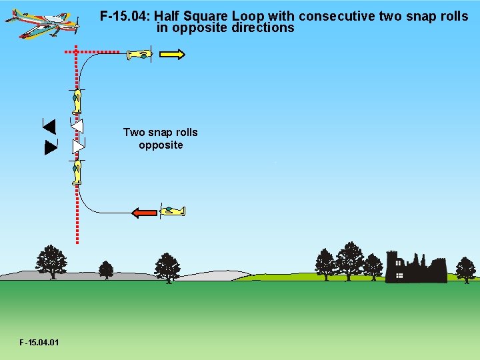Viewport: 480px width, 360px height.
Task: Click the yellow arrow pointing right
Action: click(x=172, y=55)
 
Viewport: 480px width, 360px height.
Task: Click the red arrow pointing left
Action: click(x=145, y=213)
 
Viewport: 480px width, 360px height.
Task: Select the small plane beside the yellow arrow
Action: click(x=139, y=55)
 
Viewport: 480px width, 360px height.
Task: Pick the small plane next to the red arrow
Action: click(x=173, y=211)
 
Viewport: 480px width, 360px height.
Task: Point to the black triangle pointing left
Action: click(x=49, y=125)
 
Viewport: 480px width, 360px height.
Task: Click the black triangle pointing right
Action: click(x=50, y=148)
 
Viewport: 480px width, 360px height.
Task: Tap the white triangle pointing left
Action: click(x=77, y=126)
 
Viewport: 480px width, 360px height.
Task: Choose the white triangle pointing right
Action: click(x=78, y=145)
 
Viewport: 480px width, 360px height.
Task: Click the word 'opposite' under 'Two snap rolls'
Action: click(x=161, y=145)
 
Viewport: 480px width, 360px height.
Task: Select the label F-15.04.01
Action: click(x=39, y=343)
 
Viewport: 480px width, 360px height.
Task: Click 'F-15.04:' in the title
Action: click(x=125, y=15)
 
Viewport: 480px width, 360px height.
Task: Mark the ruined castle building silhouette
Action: click(x=417, y=268)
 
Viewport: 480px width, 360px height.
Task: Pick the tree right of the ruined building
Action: click(x=465, y=269)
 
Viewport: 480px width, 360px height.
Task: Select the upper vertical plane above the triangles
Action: click(x=77, y=101)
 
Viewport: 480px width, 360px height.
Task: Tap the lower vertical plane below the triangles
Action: click(x=77, y=171)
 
